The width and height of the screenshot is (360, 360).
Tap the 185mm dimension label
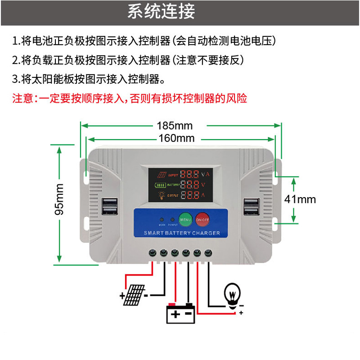pyautogui.click(x=175, y=126)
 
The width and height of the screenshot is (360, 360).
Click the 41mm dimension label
pyautogui.click(x=301, y=199)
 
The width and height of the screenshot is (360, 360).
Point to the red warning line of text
pyautogui.click(x=130, y=98)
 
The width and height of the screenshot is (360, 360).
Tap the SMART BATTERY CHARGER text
pyautogui.click(x=181, y=233)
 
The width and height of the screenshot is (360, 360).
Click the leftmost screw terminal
pyautogui.click(x=153, y=253)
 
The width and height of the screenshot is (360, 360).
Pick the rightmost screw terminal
pyautogui.click(x=208, y=253)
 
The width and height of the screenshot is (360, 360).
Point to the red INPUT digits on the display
pyautogui.click(x=190, y=174)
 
